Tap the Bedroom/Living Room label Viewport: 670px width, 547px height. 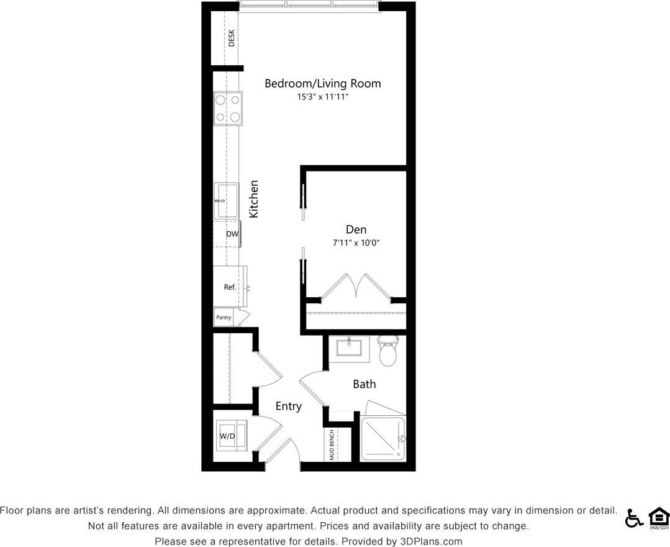tap(322, 83)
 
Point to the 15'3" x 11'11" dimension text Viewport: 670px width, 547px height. tap(322, 97)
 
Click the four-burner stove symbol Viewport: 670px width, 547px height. tap(227, 108)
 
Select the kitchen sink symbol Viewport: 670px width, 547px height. tap(227, 201)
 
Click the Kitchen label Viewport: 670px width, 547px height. tap(253, 199)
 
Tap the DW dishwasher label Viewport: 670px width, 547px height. tap(232, 234)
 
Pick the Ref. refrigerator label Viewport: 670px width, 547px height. tap(230, 287)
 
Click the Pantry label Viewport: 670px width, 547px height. tap(224, 318)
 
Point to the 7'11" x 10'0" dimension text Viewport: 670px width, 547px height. tap(356, 242)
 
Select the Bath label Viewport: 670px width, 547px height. tap(364, 384)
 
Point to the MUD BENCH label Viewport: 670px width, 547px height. tap(332, 445)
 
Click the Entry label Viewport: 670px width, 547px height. tap(289, 407)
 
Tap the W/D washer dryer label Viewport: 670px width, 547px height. tap(227, 436)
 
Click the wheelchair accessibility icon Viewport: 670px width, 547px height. tap(633, 518)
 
